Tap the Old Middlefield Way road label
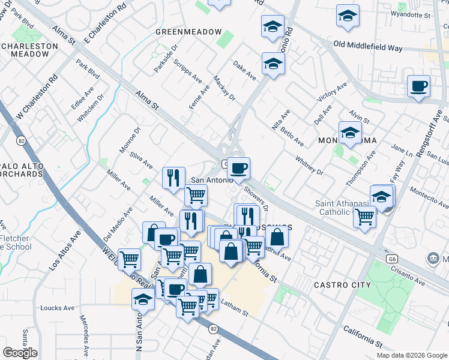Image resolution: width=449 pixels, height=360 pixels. tap(368, 46)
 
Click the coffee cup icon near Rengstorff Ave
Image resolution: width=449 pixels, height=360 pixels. tap(418, 86)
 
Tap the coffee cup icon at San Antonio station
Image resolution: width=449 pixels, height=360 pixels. tap(238, 168)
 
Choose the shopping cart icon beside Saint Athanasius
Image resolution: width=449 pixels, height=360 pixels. tap(364, 217)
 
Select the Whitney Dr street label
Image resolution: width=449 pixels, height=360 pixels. tap(309, 166)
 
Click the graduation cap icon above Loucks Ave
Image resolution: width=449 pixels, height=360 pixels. tap(142, 298)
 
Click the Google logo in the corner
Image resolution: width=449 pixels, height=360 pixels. tap(20, 353)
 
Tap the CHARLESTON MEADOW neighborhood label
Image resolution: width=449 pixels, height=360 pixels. tap(26, 50)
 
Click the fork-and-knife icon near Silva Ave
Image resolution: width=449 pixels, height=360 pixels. tap(172, 177)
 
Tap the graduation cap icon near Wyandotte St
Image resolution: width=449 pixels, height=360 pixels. tap(348, 16)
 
